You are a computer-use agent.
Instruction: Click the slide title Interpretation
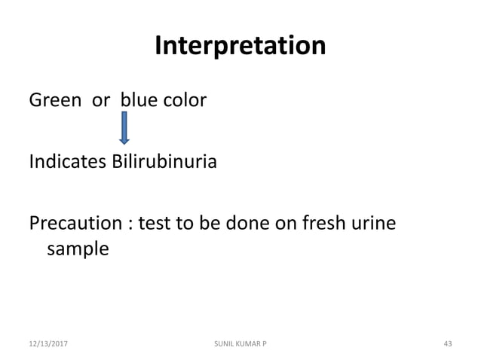pyautogui.click(x=240, y=47)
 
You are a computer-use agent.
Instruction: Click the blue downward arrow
pyautogui.click(x=124, y=127)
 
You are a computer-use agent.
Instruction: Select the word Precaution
pyautogui.click(x=75, y=224)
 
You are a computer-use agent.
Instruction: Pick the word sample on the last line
pyautogui.click(x=78, y=249)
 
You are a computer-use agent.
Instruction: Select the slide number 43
pyautogui.click(x=447, y=343)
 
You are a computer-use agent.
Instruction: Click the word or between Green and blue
pyautogui.click(x=101, y=100)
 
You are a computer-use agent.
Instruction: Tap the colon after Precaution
pyautogui.click(x=127, y=225)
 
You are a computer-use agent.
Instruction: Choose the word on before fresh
pyautogui.click(x=288, y=224)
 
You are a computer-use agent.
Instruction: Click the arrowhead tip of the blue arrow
pyautogui.click(x=124, y=142)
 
